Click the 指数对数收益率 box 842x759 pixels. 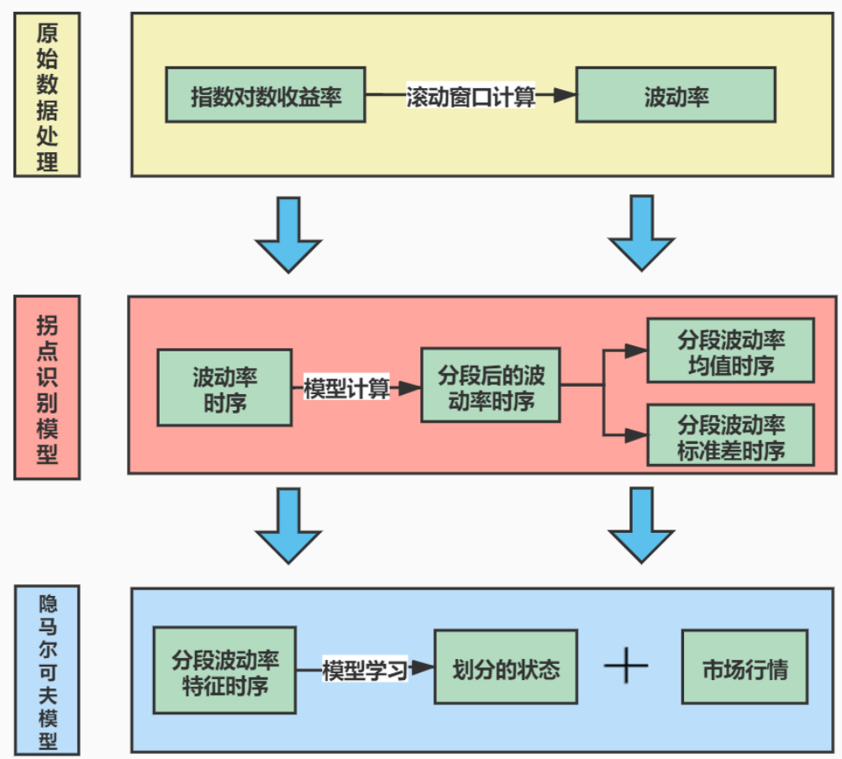click(266, 96)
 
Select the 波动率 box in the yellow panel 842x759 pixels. click(676, 96)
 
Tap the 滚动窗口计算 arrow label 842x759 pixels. click(471, 96)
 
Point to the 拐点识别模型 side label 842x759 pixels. click(47, 387)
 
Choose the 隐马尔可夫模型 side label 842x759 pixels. click(48, 668)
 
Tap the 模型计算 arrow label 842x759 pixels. click(346, 387)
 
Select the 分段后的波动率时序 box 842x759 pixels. click(491, 386)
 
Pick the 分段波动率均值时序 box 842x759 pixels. click(730, 350)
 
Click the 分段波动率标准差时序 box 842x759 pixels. click(730, 435)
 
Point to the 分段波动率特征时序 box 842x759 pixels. click(224, 669)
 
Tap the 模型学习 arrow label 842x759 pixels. click(365, 669)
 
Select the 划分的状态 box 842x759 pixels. click(506, 669)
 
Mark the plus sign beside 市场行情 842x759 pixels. click(626, 667)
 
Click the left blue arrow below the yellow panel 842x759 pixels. click(288, 234)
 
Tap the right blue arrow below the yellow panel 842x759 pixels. click(642, 234)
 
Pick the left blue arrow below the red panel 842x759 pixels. click(288, 526)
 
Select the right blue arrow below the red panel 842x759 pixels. click(642, 526)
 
